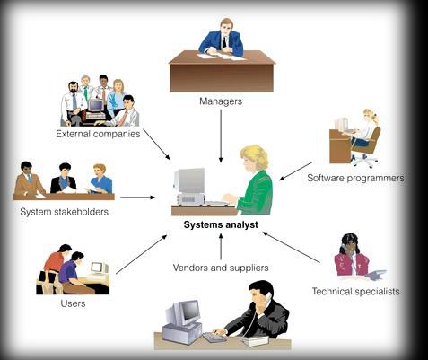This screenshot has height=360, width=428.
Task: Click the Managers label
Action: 221,101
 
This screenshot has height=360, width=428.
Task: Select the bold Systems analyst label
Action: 221,224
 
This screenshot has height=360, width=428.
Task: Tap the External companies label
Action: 98,134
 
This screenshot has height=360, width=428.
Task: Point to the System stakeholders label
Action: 64,212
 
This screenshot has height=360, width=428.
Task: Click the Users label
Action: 73,303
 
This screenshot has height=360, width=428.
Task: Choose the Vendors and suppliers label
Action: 221,268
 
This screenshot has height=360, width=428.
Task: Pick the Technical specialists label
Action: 356,291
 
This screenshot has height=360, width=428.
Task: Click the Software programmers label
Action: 355,178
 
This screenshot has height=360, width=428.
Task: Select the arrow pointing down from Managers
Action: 221,136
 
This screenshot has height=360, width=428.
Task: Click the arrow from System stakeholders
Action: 137,198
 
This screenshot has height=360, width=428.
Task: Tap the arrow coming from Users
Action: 142,254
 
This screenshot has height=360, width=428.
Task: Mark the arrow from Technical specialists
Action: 292,248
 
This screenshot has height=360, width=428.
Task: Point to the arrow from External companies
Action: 156,145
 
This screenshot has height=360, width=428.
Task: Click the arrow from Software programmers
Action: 295,171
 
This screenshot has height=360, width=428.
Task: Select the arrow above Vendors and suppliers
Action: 221,247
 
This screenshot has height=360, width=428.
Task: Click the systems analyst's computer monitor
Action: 189,180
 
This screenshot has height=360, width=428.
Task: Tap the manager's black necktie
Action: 224,42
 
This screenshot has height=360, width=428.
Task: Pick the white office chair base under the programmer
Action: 364,161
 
